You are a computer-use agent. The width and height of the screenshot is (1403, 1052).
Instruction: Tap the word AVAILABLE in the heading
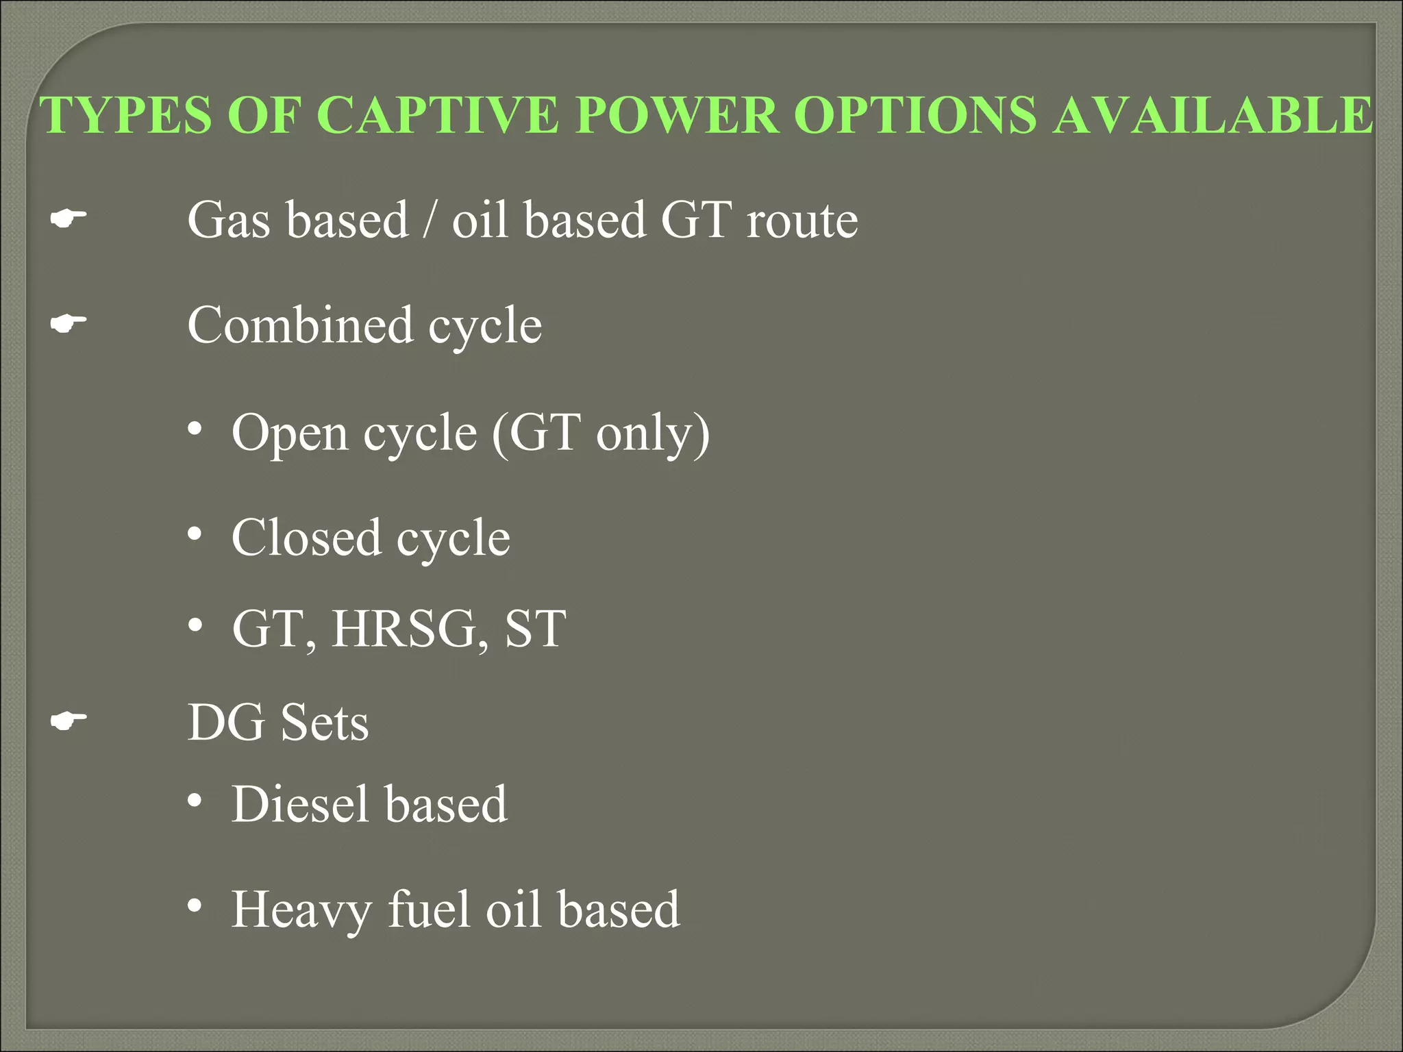click(x=1213, y=114)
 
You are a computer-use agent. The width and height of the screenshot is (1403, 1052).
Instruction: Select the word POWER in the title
click(x=677, y=114)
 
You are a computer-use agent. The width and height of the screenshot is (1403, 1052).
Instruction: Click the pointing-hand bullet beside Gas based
click(x=69, y=220)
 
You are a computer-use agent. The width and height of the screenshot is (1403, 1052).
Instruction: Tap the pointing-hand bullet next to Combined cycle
click(x=69, y=325)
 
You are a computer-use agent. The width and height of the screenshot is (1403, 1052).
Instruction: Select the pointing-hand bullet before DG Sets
click(x=69, y=721)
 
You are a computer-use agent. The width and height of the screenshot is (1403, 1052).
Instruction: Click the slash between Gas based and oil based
click(x=430, y=221)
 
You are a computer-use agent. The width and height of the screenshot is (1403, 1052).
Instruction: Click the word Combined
click(x=300, y=325)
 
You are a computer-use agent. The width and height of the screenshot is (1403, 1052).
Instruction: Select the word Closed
click(x=306, y=538)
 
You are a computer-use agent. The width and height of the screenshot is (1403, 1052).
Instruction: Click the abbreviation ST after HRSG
click(x=535, y=629)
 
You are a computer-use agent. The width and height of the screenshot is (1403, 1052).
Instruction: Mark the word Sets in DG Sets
click(x=324, y=723)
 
